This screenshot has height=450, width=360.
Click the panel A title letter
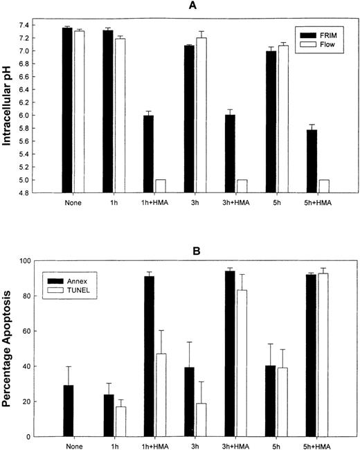point(200,6)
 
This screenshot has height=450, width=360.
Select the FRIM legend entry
point(318,33)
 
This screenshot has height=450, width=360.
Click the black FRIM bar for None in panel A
point(66,110)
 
